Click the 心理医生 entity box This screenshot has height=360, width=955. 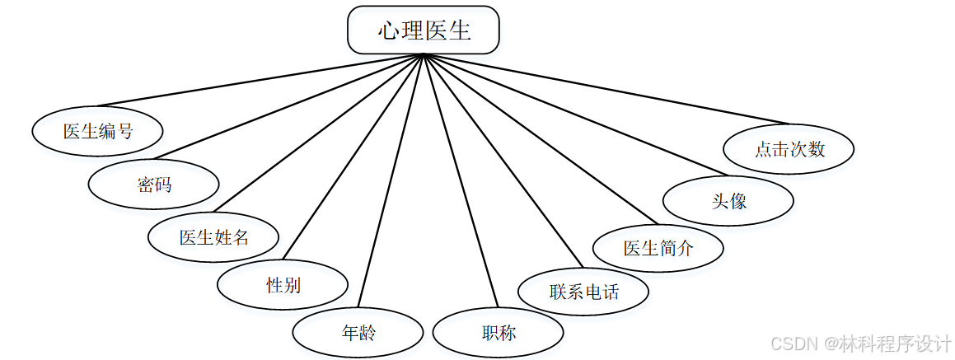424,30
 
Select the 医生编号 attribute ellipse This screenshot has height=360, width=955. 98,131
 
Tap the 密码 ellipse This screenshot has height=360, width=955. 154,184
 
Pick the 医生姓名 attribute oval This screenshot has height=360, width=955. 214,237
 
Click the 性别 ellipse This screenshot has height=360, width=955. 283,285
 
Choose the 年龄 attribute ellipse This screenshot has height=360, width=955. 358,333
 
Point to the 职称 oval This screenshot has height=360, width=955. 499,333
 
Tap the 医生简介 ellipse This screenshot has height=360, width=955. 658,247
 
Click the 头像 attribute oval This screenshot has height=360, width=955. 728,200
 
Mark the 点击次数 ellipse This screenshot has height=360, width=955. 789,149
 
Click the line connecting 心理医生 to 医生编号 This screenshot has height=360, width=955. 260,81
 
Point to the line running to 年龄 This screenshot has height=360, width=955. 391,182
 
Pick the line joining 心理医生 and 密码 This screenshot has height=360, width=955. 288,107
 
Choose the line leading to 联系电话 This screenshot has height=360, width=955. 503,161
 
